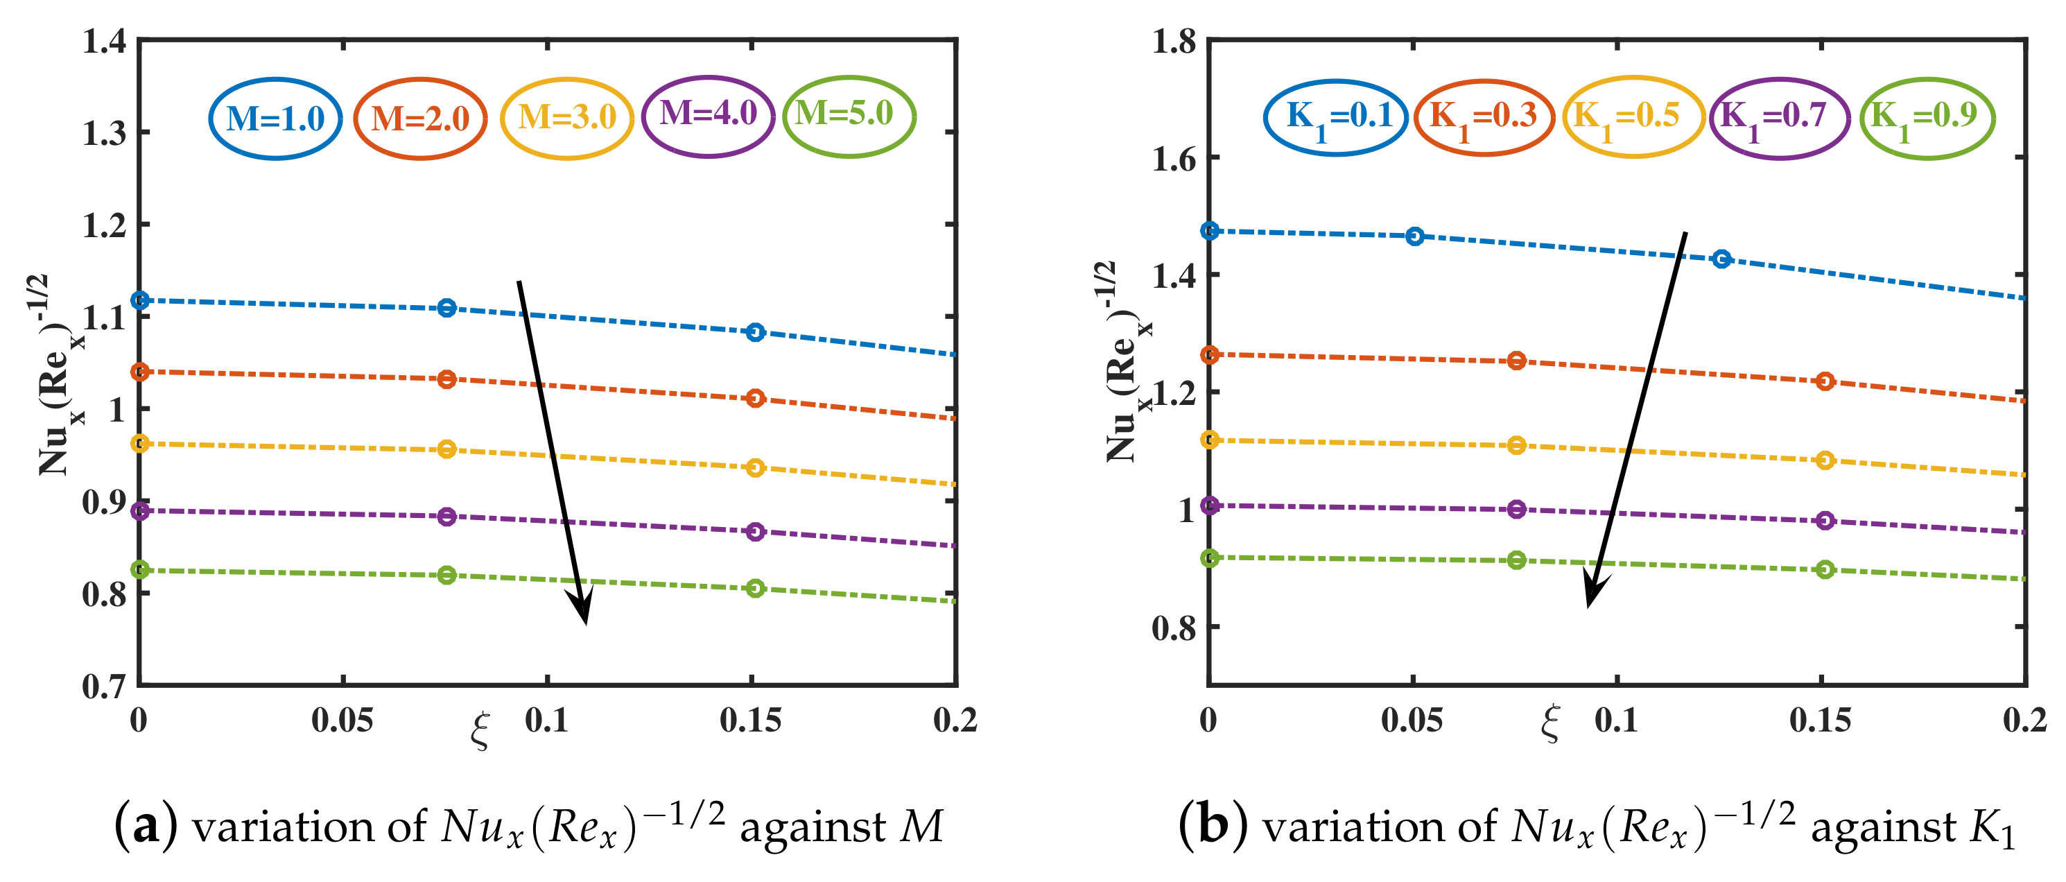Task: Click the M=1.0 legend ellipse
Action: (x=275, y=119)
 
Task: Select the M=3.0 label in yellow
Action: (x=567, y=118)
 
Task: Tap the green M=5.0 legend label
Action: (x=844, y=113)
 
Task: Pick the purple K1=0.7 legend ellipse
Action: (x=1779, y=118)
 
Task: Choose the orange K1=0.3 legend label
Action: (x=1484, y=116)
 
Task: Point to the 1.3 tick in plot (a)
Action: (x=104, y=133)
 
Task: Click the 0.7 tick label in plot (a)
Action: (x=104, y=686)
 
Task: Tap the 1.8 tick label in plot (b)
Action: (x=1173, y=41)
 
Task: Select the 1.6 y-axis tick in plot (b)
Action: (x=1173, y=159)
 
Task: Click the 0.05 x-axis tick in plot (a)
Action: (x=342, y=720)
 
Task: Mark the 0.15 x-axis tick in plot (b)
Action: (x=1820, y=720)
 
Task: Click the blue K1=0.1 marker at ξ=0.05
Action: (x=1415, y=236)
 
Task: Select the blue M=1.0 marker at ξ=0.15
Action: (x=755, y=332)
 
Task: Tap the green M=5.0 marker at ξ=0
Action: (x=139, y=569)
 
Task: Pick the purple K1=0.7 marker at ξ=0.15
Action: (x=1825, y=520)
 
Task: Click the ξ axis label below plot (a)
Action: (x=480, y=729)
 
